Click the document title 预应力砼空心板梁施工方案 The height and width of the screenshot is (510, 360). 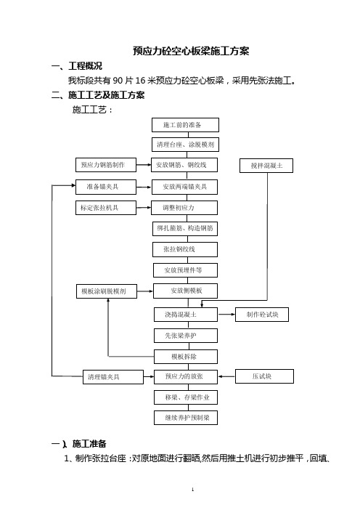(x=191, y=51)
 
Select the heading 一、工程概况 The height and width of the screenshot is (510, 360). (x=77, y=66)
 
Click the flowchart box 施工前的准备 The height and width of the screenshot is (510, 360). (x=185, y=125)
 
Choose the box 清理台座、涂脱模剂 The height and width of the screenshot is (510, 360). (x=185, y=145)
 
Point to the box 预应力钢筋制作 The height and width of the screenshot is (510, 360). (x=106, y=165)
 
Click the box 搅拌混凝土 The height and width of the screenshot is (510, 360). (x=266, y=166)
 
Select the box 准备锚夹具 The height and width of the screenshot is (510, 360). (x=106, y=187)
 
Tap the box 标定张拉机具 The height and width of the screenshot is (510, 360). (x=106, y=208)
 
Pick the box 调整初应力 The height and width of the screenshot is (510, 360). (x=184, y=208)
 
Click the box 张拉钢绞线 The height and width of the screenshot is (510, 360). (x=185, y=249)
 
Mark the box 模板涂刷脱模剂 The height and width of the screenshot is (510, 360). (x=107, y=291)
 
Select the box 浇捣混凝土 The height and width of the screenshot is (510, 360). (x=186, y=315)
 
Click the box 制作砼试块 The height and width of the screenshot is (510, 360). (x=262, y=315)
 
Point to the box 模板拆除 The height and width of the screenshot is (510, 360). (x=186, y=357)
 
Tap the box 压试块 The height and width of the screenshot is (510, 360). (x=264, y=376)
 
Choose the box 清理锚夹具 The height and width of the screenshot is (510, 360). (x=113, y=377)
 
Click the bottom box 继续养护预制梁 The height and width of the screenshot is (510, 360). (x=186, y=418)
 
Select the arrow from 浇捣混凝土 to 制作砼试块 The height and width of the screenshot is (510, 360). (x=226, y=314)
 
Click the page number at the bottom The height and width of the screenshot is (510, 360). (x=192, y=490)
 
